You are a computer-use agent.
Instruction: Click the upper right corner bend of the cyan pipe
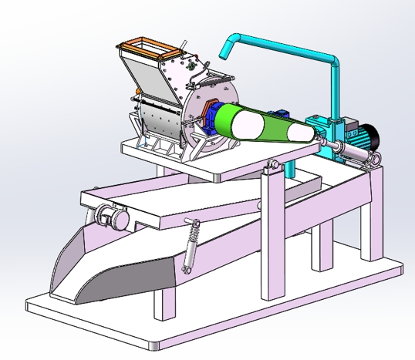click(x=333, y=60)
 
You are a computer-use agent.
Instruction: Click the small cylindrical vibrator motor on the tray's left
click(x=112, y=219)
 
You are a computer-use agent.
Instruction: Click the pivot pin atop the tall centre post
click(x=271, y=165)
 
